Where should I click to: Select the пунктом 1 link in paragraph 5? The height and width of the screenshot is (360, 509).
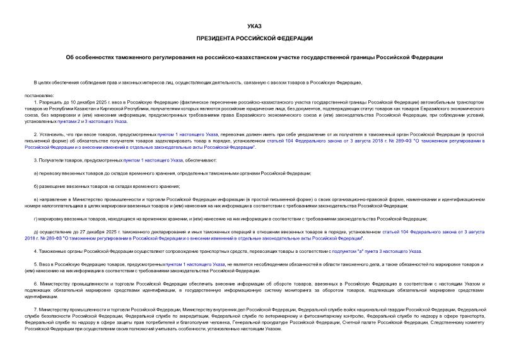pyautogui.click(x=184, y=264)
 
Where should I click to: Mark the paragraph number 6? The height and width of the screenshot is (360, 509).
pyautogui.click(x=35, y=283)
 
